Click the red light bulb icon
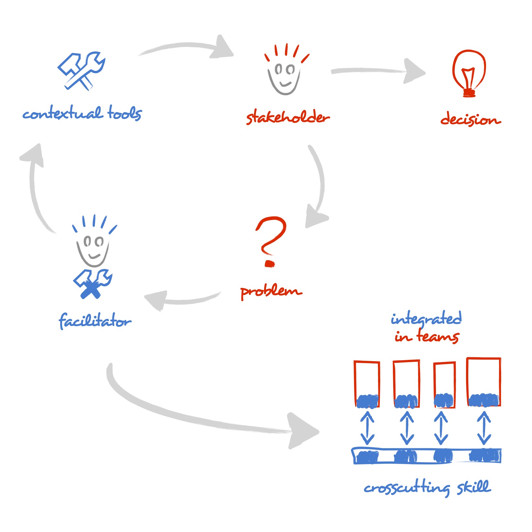tap(469, 73)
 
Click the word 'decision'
tap(470, 119)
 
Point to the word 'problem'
tap(271, 291)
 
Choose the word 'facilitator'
tap(95, 321)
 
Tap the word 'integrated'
tap(426, 319)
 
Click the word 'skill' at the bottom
tap(474, 487)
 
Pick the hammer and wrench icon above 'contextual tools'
tap(81, 71)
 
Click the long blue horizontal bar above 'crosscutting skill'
tap(426, 456)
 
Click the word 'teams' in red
tap(437, 337)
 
